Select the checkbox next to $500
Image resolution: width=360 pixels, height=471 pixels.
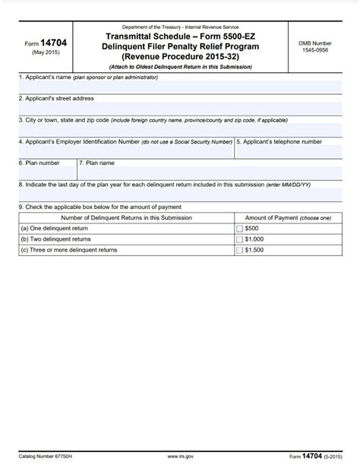pos(240,228)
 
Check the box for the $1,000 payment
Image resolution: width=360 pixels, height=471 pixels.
pos(240,239)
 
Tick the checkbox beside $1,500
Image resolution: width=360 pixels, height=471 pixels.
pos(240,249)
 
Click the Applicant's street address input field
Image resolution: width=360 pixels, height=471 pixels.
pos(180,108)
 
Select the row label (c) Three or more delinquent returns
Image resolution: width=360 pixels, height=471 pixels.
pos(69,249)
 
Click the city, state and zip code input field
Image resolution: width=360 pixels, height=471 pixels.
pos(180,129)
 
